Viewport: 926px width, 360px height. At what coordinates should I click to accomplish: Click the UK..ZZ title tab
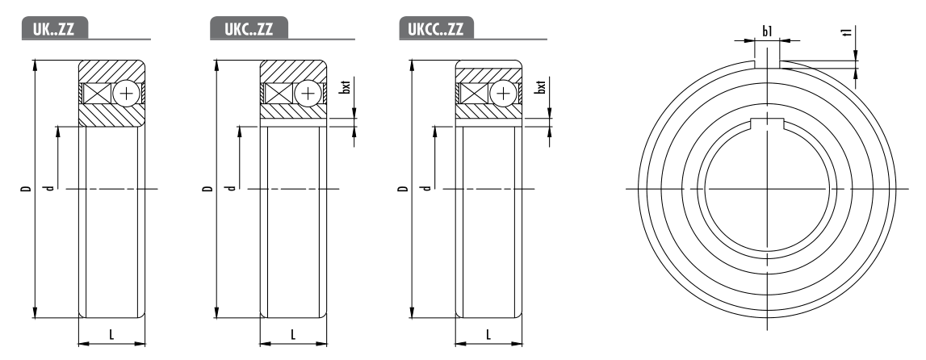[x=55, y=28]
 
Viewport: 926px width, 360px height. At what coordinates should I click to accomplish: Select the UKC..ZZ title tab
[x=249, y=28]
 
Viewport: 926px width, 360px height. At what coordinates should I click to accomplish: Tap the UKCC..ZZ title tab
[x=436, y=28]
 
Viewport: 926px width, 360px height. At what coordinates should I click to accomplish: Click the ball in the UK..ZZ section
[x=127, y=94]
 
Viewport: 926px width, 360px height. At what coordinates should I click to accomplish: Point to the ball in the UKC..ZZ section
[x=308, y=94]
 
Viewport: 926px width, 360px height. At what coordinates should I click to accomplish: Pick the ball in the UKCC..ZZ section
[x=503, y=94]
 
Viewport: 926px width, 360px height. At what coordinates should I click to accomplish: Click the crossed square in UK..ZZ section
[x=97, y=94]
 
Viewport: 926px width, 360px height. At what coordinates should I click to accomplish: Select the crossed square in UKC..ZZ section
[x=279, y=94]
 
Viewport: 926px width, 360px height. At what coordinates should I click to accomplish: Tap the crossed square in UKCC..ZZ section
[x=474, y=94]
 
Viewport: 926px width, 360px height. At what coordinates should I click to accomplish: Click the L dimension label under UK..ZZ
[x=111, y=335]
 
